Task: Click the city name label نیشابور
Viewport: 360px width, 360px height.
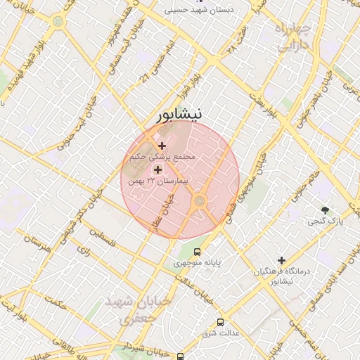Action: coord(179,114)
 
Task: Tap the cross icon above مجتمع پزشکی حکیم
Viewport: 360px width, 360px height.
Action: coord(162,146)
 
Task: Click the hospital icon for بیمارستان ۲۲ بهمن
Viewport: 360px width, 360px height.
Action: coord(157,169)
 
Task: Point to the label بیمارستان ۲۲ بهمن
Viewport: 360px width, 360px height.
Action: coord(159,181)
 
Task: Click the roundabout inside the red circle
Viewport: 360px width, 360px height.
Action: coord(200,202)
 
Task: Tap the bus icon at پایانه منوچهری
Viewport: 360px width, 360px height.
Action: coord(198,251)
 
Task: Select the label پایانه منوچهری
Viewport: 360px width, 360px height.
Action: coord(198,263)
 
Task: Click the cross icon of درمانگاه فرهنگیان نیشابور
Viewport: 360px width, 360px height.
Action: coord(281,260)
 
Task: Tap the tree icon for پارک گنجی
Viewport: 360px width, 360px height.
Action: coord(324,210)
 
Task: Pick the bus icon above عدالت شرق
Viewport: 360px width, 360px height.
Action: coord(220,321)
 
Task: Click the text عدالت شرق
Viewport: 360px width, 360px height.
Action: coord(221,333)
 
